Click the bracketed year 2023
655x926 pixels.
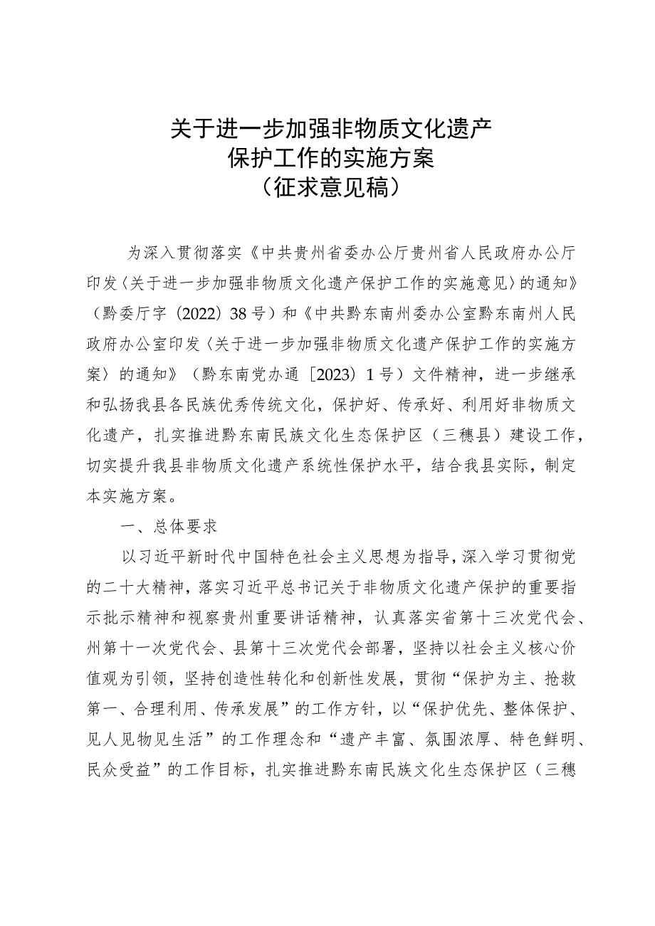(x=334, y=375)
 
